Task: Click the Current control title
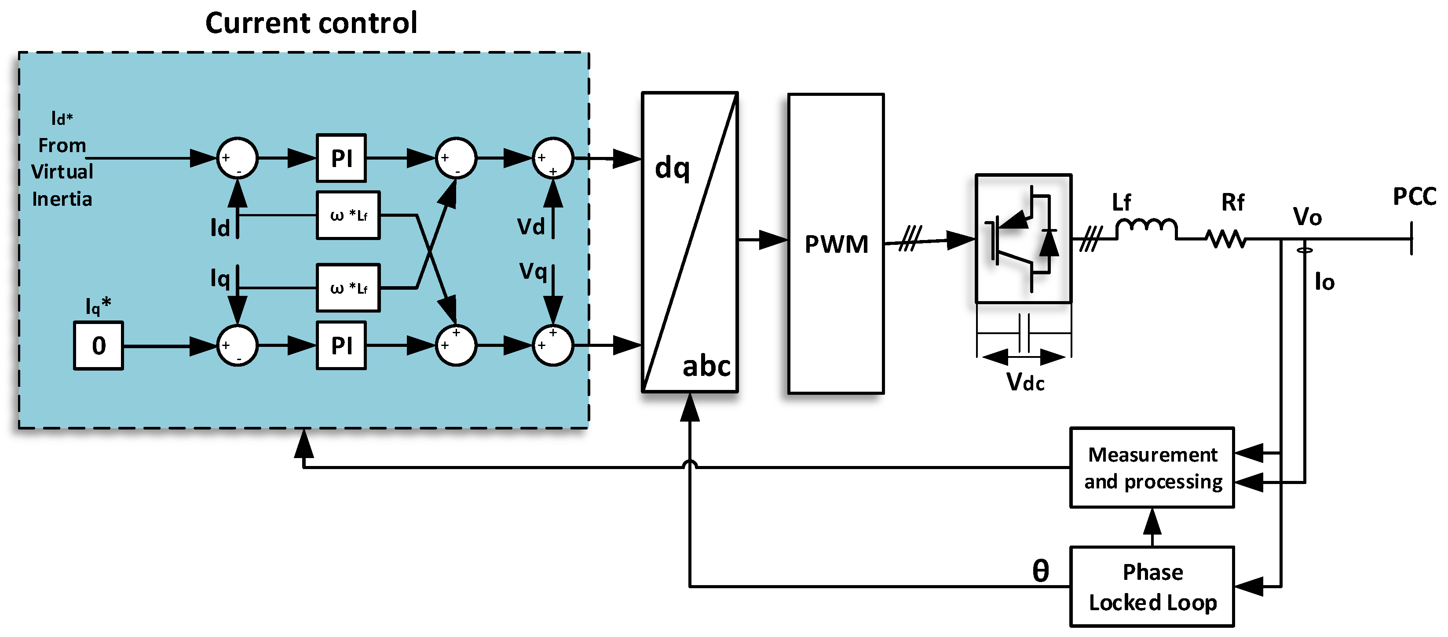(311, 24)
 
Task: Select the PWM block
(836, 244)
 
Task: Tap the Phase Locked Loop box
(1152, 586)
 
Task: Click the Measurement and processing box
(1152, 468)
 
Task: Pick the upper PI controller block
(341, 158)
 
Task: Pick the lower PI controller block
(341, 346)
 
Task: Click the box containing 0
(99, 346)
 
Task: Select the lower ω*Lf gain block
(348, 288)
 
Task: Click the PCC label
(1414, 197)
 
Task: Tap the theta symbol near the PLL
(1040, 571)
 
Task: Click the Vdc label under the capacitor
(1025, 382)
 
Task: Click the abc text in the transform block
(706, 366)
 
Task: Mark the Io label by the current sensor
(1324, 282)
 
